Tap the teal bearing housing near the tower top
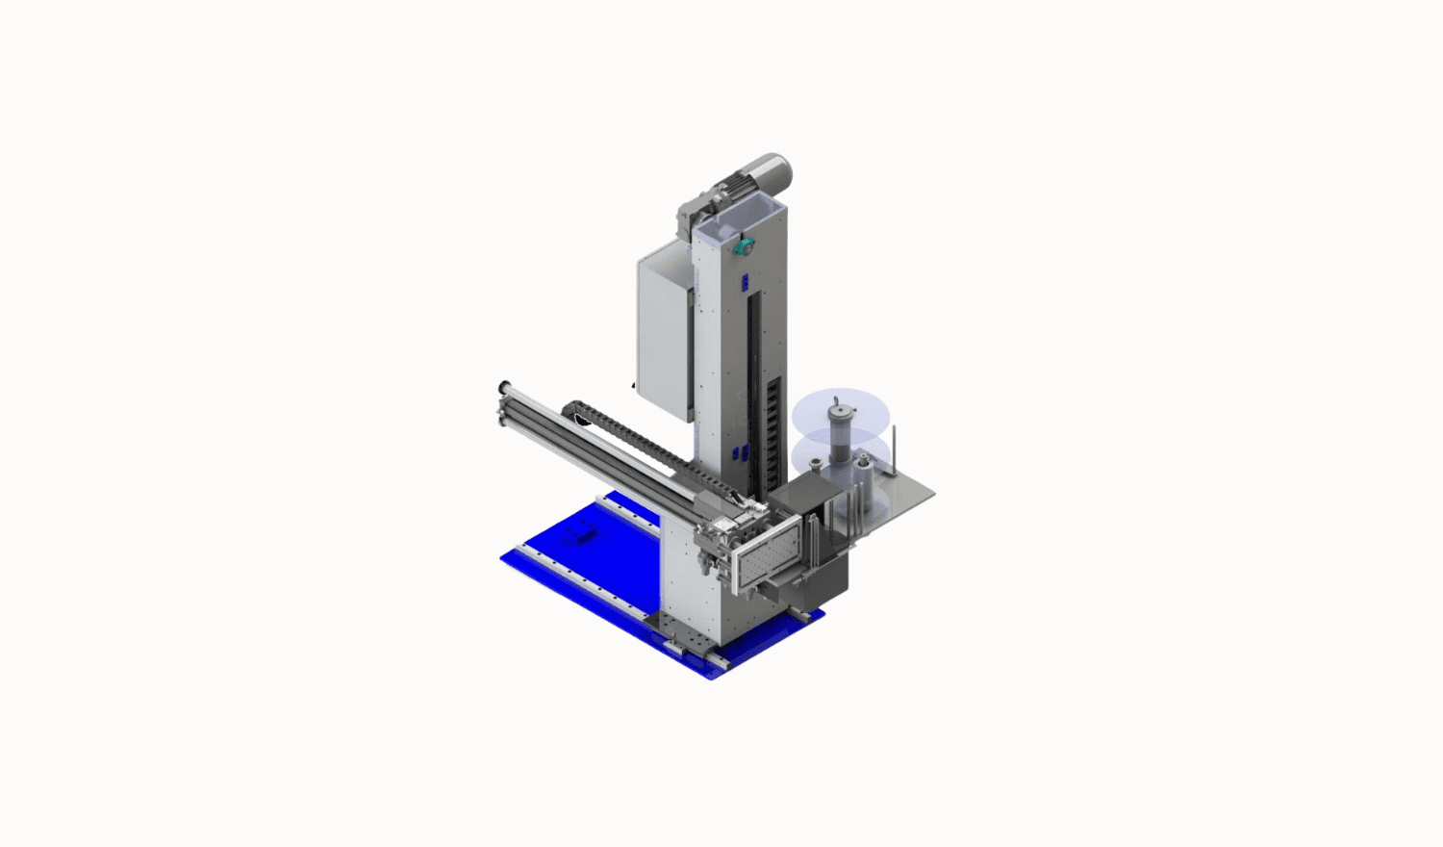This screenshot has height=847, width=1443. [741, 246]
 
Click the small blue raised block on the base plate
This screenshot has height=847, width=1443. [581, 534]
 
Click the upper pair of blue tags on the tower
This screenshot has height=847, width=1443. [744, 281]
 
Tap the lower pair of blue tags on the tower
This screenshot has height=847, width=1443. [739, 454]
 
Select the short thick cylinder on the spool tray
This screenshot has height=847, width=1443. [864, 472]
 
